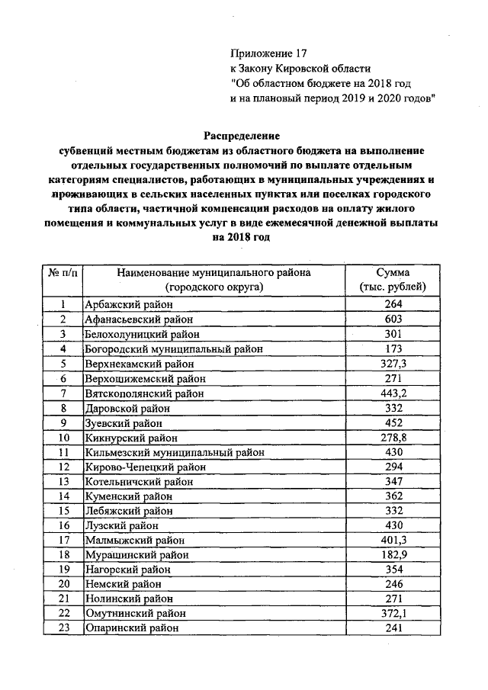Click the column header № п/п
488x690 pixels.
point(63,272)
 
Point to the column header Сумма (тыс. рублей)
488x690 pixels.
point(393,279)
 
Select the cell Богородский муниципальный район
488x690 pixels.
point(174,349)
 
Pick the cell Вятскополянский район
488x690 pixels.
point(144,393)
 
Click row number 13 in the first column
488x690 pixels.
point(63,482)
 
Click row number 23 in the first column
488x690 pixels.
point(63,628)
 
